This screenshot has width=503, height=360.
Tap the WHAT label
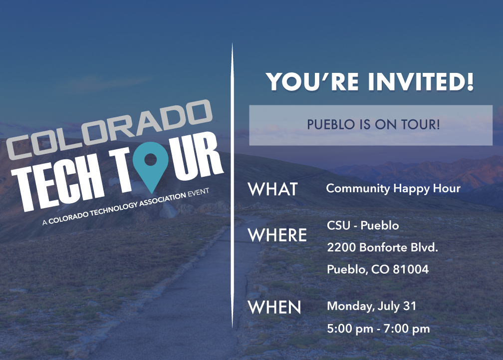click(273, 189)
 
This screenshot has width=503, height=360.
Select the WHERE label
click(277, 235)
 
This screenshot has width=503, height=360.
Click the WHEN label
click(274, 308)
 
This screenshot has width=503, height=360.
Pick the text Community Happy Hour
click(393, 189)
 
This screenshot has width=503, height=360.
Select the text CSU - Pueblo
click(363, 226)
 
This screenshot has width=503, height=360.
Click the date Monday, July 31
click(371, 306)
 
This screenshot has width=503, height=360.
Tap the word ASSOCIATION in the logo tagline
click(162, 200)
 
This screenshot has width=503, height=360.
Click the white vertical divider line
click(232, 185)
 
